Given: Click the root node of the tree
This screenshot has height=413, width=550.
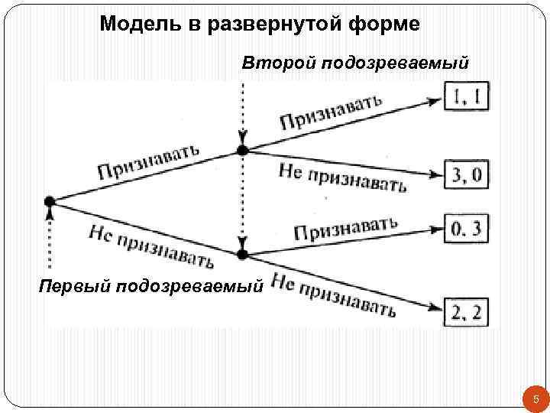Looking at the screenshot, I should pyautogui.click(x=50, y=201).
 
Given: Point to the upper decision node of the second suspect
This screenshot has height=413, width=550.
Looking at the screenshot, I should pyautogui.click(x=242, y=150).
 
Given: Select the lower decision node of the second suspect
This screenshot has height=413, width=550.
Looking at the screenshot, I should pyautogui.click(x=242, y=253).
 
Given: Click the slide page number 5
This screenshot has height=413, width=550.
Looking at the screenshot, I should pyautogui.click(x=535, y=399).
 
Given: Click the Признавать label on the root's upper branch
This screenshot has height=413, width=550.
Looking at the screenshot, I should pyautogui.click(x=148, y=162).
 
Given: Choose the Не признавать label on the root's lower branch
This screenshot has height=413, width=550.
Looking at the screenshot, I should pyautogui.click(x=151, y=246).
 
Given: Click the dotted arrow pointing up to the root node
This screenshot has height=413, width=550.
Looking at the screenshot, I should pyautogui.click(x=50, y=237).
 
